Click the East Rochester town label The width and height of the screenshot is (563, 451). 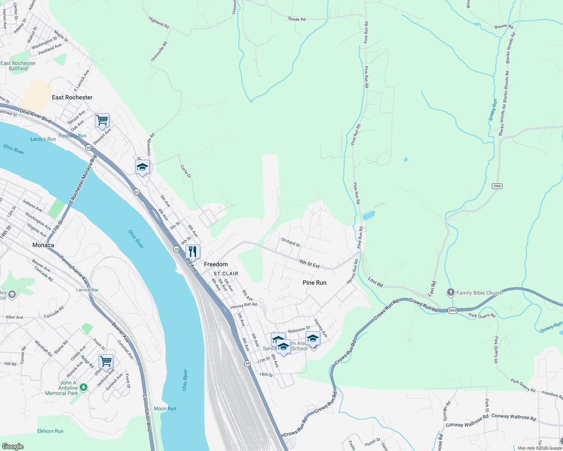point(72,97)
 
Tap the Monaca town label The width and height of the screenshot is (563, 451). point(43,245)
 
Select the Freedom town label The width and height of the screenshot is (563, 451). point(216,264)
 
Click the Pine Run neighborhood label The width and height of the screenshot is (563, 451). point(314,283)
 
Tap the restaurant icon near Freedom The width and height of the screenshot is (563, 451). point(193,251)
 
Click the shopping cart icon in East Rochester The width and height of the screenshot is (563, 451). point(102,120)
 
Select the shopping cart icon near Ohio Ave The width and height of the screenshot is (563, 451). point(106,362)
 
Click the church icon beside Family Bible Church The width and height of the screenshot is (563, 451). point(451,292)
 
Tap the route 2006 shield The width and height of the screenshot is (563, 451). point(497,186)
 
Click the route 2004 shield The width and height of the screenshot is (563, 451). point(452,310)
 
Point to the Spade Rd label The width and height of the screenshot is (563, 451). point(297,19)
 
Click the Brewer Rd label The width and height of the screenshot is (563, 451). point(504,27)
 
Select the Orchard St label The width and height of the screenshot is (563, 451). point(291,242)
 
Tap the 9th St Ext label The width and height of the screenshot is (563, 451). point(309,264)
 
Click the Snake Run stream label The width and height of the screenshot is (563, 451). point(493,109)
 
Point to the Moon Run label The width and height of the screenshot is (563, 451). point(165,409)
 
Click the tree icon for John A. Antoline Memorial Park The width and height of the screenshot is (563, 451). point(84,387)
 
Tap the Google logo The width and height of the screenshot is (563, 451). point(12,446)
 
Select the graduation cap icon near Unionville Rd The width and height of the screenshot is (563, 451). point(142,167)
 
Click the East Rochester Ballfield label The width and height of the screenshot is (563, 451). point(18,66)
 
